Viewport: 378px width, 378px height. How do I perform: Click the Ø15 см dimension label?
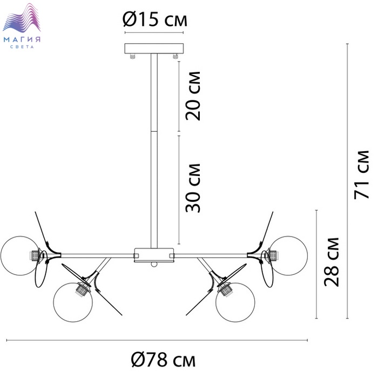click(x=155, y=19)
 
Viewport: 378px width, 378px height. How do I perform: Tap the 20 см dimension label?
click(x=193, y=96)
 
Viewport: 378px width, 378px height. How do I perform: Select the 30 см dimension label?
click(x=193, y=188)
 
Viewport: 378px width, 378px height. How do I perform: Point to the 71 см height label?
click(x=362, y=175)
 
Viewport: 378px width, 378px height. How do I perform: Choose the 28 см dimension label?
click(x=332, y=262)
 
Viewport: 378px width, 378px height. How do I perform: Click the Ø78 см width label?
click(x=163, y=360)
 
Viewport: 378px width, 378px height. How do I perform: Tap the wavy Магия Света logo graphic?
click(x=22, y=17)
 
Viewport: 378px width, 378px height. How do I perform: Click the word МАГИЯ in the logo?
click(x=22, y=39)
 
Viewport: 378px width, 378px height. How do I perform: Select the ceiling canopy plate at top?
click(x=154, y=49)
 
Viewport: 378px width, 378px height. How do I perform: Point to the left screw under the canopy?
click(x=132, y=56)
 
